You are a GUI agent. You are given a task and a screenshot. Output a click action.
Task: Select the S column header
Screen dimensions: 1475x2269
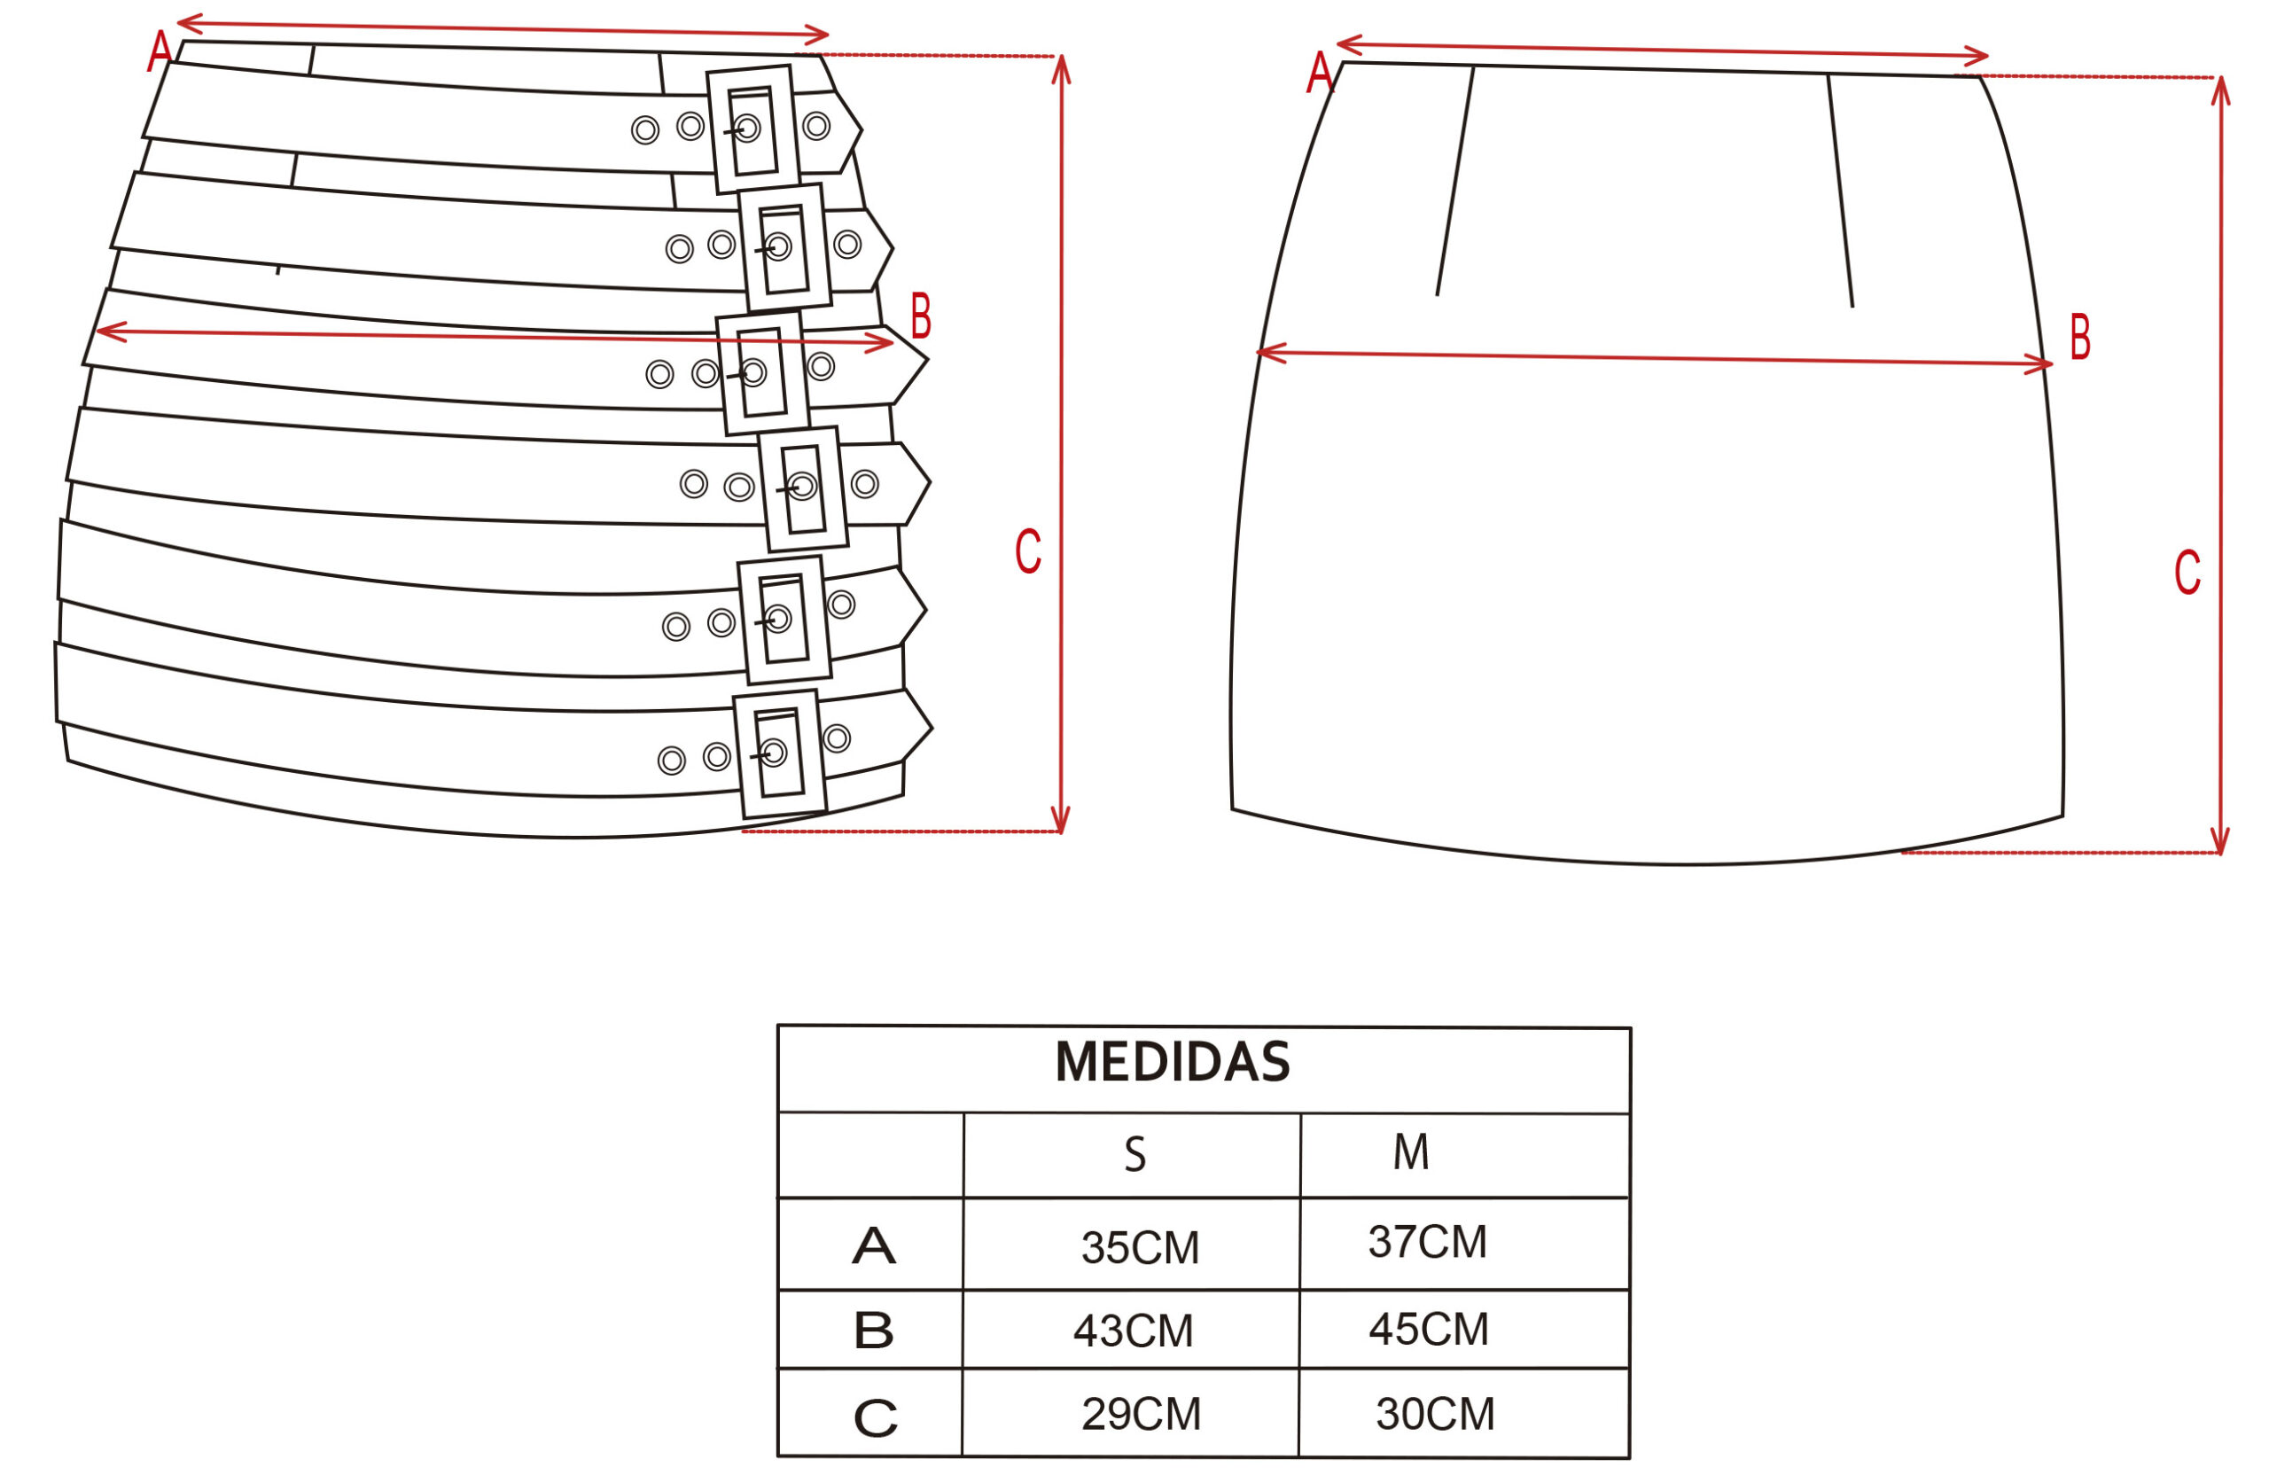(x=1134, y=1155)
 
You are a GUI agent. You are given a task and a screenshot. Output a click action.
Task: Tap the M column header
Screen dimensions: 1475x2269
(x=1410, y=1151)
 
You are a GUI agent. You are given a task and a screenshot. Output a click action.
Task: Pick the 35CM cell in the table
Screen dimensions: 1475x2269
(x=1139, y=1247)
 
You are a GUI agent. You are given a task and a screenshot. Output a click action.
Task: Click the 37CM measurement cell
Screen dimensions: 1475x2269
(x=1426, y=1241)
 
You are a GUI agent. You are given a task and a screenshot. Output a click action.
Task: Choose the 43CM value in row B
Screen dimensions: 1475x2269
(x=1133, y=1331)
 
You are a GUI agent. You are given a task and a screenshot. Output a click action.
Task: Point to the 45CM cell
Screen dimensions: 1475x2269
(x=1428, y=1329)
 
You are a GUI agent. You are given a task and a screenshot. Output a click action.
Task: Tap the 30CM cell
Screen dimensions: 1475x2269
(x=1435, y=1414)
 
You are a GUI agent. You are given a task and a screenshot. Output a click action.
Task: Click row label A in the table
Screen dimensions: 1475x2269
(x=873, y=1246)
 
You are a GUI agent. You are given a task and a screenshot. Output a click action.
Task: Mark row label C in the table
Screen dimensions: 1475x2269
(x=875, y=1417)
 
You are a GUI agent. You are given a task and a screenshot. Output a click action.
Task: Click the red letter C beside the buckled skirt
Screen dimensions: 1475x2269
(x=1028, y=551)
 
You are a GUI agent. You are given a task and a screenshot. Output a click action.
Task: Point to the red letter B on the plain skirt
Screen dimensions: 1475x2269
(x=2080, y=337)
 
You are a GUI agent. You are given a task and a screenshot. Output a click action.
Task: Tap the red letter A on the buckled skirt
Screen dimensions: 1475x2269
(x=160, y=51)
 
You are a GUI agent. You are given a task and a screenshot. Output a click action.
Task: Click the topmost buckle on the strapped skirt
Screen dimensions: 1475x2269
(x=753, y=129)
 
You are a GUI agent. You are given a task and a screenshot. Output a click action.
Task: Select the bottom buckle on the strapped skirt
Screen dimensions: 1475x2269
(x=779, y=754)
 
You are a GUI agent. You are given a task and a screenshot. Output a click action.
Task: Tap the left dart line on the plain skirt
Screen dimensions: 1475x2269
(x=1454, y=181)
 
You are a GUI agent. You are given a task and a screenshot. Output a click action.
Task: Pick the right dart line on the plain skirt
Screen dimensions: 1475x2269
(x=1840, y=191)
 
